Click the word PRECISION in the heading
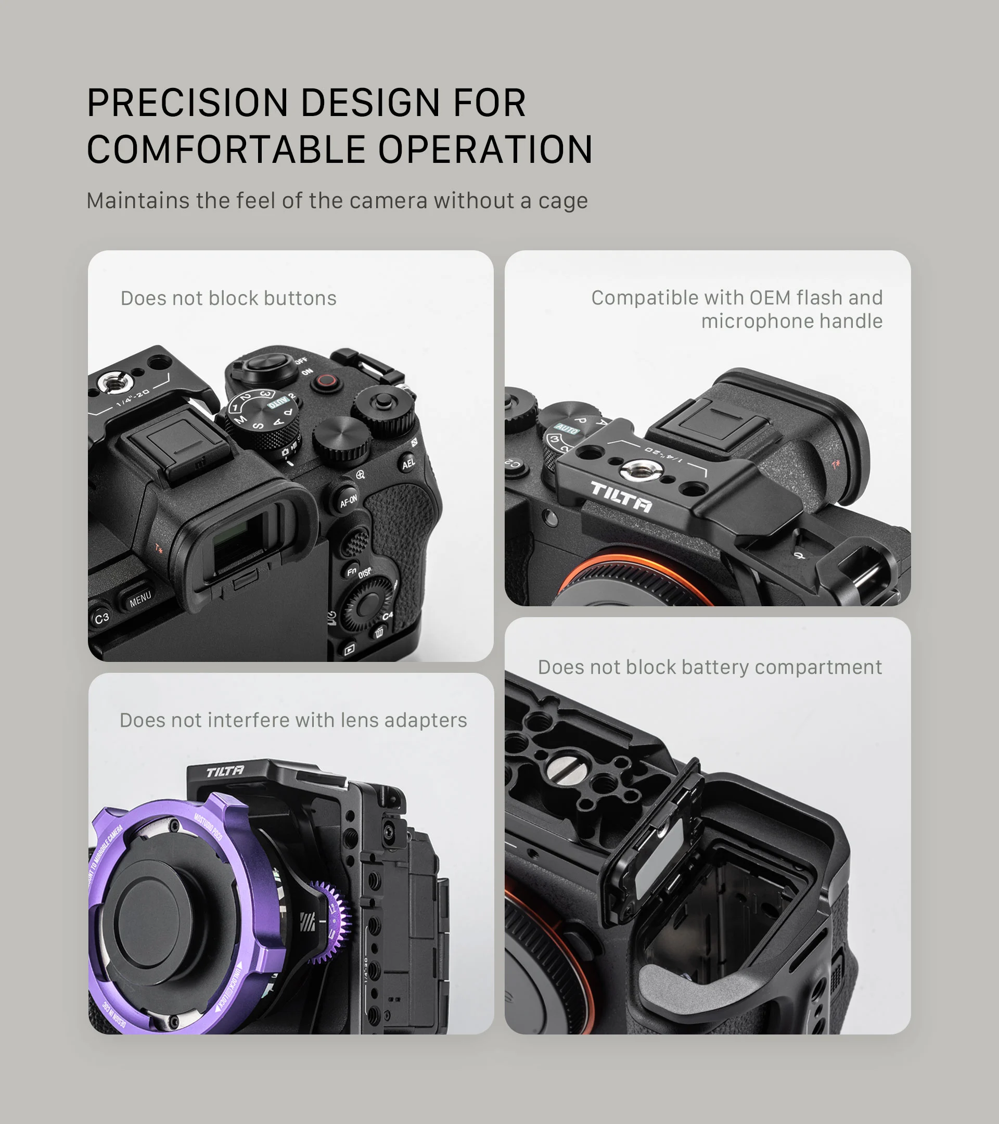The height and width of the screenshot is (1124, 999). pos(187,103)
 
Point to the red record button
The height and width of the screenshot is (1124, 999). pos(327,380)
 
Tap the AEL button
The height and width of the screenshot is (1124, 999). pos(408,463)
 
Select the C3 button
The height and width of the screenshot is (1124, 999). pos(101,618)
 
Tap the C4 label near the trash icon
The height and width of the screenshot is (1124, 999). pos(388,616)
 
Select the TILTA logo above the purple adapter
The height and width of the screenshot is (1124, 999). pos(225,771)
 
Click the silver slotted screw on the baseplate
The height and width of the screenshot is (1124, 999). pos(561,770)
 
